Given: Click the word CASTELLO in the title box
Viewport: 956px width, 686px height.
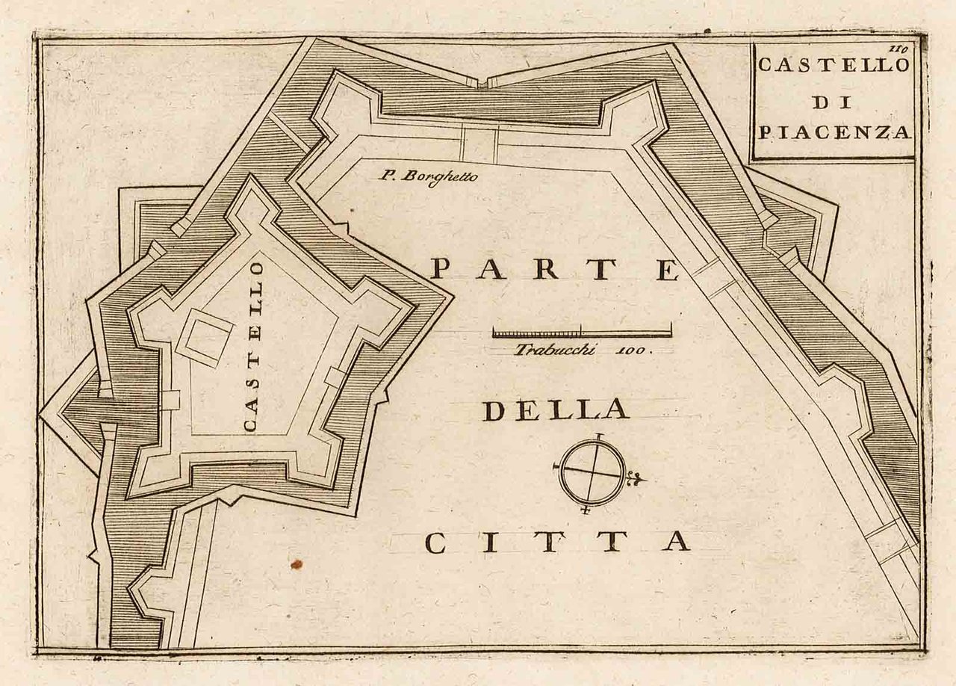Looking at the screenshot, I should [833, 65].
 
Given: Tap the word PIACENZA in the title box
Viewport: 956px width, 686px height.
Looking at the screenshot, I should [834, 133].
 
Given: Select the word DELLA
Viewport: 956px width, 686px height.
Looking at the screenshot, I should [555, 410].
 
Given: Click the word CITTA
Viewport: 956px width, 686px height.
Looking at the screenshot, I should [556, 542].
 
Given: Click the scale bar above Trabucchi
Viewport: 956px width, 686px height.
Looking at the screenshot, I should [582, 331].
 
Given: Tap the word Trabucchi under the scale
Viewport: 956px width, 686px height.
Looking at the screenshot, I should [554, 349].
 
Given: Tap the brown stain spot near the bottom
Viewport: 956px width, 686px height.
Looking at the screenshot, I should [297, 563].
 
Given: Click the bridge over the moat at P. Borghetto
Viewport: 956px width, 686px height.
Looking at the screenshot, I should [479, 143].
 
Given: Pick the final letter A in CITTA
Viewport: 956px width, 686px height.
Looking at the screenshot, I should [674, 542].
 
